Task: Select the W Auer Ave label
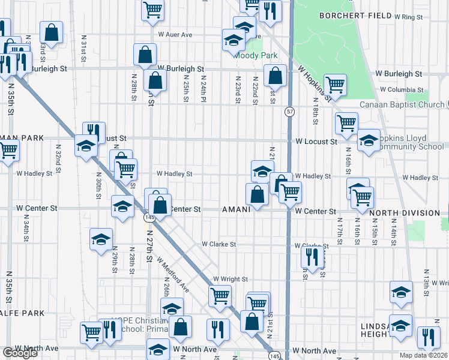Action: (175, 35)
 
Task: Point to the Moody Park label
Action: (257, 55)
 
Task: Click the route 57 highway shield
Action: (290, 112)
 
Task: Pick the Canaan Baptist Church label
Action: (402, 104)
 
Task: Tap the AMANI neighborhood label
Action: (240, 210)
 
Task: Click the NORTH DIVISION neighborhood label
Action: (405, 212)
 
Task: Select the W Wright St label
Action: (231, 280)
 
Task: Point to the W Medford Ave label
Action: (173, 275)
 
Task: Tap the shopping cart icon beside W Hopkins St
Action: (335, 84)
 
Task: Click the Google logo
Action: (20, 353)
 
